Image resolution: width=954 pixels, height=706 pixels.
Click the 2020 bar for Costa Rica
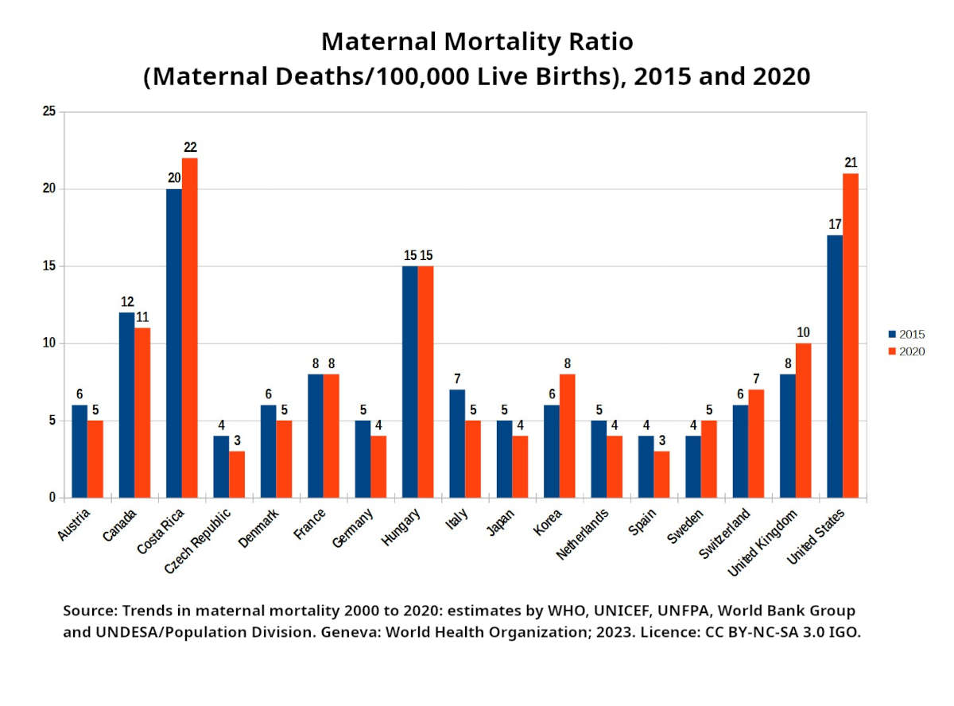(x=189, y=328)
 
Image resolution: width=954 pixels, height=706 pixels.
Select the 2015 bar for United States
(x=835, y=367)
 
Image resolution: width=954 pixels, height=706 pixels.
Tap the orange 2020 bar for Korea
(x=567, y=436)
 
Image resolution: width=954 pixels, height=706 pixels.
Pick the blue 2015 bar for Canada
(x=126, y=405)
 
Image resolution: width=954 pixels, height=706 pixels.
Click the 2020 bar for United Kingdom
(x=803, y=421)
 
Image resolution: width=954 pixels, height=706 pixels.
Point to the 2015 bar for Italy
(x=457, y=444)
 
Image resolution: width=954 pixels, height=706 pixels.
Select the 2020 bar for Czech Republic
(x=237, y=475)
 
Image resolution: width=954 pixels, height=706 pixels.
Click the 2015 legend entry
(x=906, y=334)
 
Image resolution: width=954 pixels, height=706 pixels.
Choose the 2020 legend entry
(x=906, y=351)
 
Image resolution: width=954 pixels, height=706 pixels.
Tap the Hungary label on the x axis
(x=402, y=527)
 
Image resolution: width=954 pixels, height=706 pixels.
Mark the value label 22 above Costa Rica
(x=189, y=147)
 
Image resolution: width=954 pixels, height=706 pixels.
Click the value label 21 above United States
(x=851, y=162)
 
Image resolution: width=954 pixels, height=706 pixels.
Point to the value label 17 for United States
(x=835, y=224)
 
